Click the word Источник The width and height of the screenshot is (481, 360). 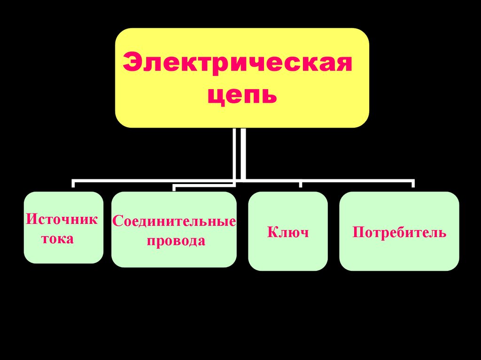tap(62, 219)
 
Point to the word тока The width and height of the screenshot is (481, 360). tap(58, 238)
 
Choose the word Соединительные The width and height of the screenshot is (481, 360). tap(174, 221)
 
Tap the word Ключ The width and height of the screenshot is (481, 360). tap(287, 232)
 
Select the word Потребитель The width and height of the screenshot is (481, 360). tap(399, 232)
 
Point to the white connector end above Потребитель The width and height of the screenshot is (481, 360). tap(413, 184)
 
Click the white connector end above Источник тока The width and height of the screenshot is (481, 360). tap(73, 184)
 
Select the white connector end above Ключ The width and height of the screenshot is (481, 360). tap(301, 184)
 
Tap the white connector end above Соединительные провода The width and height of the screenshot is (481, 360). tap(174, 188)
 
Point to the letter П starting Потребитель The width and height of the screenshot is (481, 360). tap(358, 232)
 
